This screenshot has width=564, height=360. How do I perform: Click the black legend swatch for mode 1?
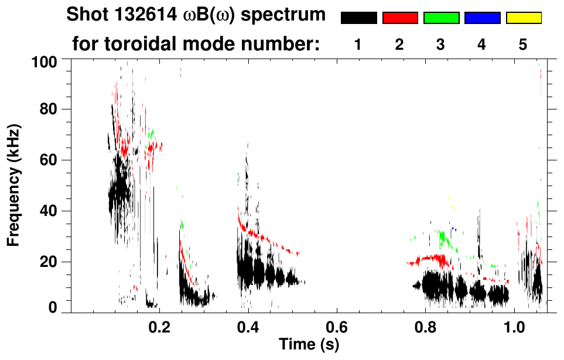(x=359, y=18)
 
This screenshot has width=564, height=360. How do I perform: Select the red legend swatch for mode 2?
(x=400, y=18)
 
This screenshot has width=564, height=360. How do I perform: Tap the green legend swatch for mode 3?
(x=441, y=18)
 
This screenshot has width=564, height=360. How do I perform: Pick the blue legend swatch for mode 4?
(x=482, y=18)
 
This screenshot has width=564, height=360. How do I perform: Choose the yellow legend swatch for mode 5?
(x=523, y=18)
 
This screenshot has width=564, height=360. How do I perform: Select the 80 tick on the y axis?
(x=47, y=109)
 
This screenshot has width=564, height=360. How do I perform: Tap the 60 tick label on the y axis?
(x=47, y=160)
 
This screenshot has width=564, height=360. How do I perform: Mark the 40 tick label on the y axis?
(x=47, y=211)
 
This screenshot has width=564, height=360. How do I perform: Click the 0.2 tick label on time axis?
(x=160, y=327)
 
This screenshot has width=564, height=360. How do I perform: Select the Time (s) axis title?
(x=308, y=345)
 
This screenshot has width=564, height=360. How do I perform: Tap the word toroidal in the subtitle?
(x=143, y=44)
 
